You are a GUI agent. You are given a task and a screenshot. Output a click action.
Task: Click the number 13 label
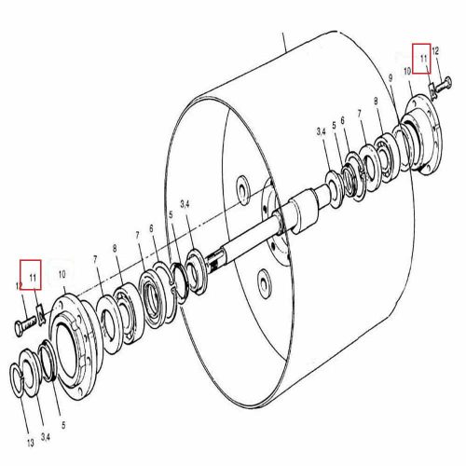click(x=30, y=443)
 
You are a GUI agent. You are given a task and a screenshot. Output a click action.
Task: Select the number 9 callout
click(x=391, y=77)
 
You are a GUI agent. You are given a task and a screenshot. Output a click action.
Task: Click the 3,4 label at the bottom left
click(x=46, y=437)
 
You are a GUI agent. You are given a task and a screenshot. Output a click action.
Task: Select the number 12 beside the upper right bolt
click(x=435, y=50)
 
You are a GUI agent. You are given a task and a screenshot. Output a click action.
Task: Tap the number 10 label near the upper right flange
click(x=407, y=71)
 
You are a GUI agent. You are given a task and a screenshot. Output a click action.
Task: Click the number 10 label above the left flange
click(x=62, y=274)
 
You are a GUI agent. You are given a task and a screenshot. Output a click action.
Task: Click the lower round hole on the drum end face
click(x=265, y=283)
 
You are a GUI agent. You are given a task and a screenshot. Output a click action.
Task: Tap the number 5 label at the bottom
click(x=63, y=425)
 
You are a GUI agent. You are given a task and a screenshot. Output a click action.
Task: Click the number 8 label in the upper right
click(x=376, y=101)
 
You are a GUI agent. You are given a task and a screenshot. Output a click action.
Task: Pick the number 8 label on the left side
click(x=115, y=248)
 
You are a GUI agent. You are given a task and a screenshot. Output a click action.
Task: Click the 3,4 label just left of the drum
click(x=185, y=204)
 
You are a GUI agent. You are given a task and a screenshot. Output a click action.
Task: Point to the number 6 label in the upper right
click(x=343, y=120)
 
